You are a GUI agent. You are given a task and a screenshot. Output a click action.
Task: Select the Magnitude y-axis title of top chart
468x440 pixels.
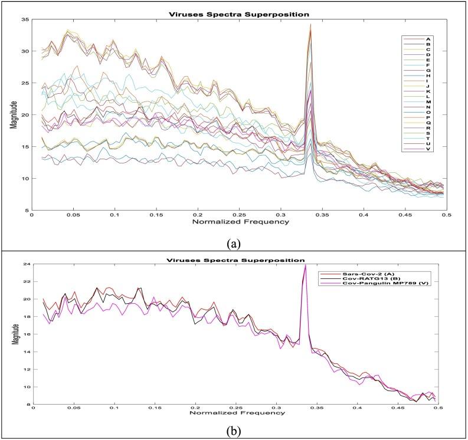(13, 115)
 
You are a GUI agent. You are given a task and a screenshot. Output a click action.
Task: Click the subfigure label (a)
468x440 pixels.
(234, 241)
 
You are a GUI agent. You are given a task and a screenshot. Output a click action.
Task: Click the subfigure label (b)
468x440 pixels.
(234, 430)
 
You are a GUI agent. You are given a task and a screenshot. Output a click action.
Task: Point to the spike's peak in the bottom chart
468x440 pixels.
(305, 265)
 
